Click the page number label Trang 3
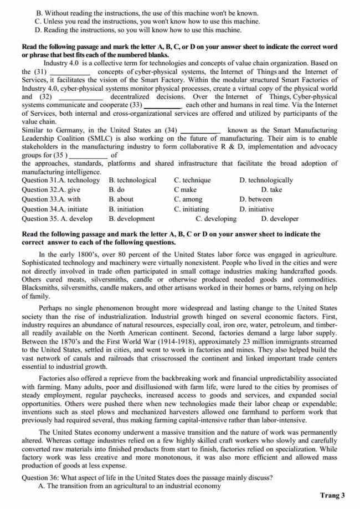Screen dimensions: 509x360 [x=332, y=495]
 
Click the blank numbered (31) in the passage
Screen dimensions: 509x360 [x=66, y=71]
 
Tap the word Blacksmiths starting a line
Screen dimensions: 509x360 [x=40, y=287]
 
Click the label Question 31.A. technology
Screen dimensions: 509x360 [x=61, y=180]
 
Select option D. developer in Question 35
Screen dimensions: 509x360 [x=280, y=218]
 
